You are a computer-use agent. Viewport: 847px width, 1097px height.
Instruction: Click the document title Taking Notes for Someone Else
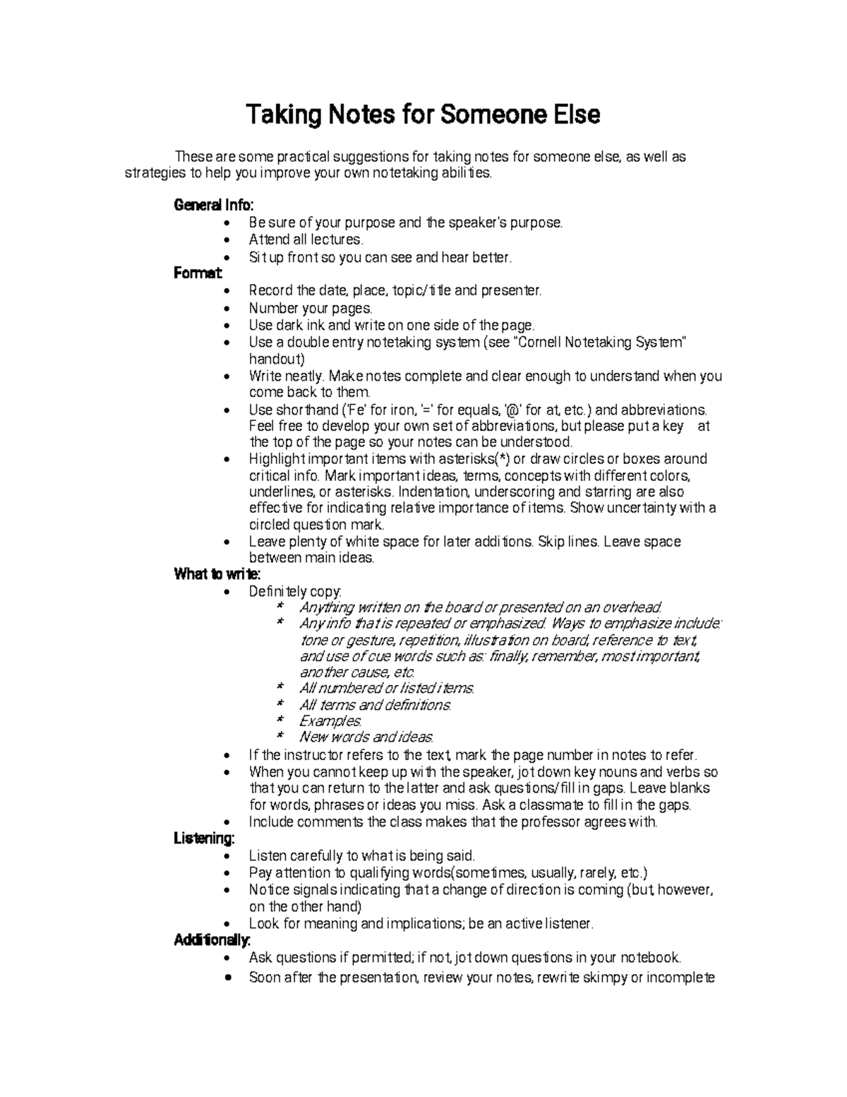[x=422, y=114]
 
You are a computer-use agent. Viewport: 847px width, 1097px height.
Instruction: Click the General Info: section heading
[x=213, y=206]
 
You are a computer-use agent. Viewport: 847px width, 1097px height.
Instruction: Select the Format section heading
[x=198, y=273]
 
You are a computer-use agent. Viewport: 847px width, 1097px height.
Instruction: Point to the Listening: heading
[x=204, y=838]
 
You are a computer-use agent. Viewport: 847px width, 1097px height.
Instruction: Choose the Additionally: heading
[x=212, y=940]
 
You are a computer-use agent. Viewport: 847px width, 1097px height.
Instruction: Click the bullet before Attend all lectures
[x=226, y=241]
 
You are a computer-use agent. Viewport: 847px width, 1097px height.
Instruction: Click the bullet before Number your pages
[x=226, y=309]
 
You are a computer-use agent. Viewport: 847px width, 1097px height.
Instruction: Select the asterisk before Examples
[x=280, y=721]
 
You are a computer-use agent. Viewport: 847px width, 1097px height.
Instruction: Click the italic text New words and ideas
[x=366, y=737]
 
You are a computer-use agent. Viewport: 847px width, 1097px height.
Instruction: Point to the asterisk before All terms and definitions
[x=280, y=704]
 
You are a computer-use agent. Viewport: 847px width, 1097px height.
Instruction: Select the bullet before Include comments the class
[x=226, y=822]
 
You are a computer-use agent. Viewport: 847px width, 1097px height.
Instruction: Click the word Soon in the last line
[x=264, y=978]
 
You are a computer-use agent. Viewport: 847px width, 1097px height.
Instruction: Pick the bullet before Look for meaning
[x=226, y=924]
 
